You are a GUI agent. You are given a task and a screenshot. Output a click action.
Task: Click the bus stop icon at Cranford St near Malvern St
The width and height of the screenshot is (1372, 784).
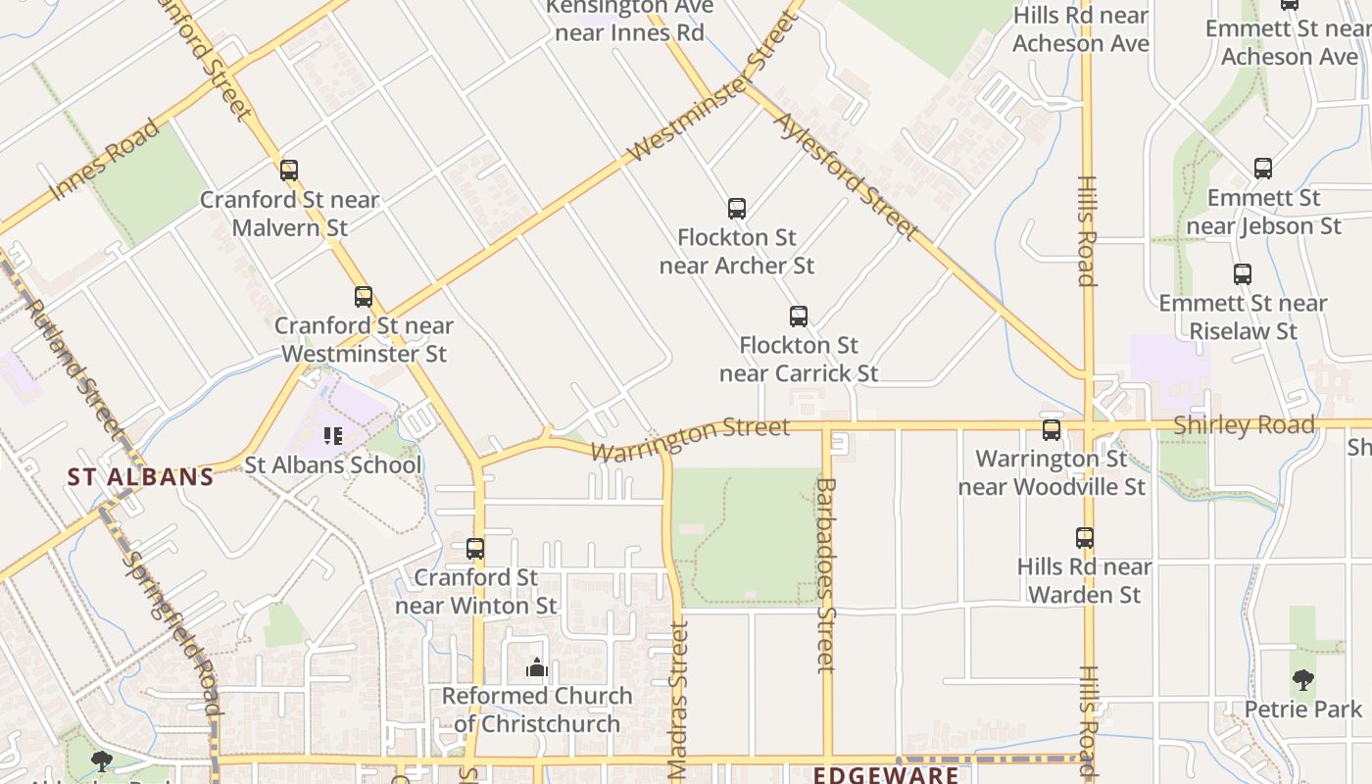[288, 171]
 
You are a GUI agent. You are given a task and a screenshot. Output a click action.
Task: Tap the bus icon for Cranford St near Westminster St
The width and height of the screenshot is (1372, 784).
[364, 297]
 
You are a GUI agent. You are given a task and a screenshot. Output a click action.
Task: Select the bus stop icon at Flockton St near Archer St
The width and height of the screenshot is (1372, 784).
[737, 209]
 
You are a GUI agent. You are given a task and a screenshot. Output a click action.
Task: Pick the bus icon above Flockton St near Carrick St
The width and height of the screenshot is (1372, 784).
[799, 317]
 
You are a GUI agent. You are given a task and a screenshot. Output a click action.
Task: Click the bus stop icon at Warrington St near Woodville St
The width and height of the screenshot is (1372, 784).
[1052, 430]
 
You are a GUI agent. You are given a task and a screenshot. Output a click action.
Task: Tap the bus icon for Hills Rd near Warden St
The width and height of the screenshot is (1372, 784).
[1085, 538]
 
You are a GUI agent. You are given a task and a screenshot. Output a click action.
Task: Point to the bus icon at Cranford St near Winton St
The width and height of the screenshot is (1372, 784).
[475, 549]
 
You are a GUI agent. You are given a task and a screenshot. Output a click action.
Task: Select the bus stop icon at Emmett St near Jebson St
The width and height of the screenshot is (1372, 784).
[1263, 169]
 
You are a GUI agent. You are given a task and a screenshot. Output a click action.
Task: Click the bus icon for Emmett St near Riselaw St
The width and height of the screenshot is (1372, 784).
[1243, 274]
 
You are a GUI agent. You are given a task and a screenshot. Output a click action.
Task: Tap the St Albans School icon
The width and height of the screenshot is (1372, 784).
[333, 435]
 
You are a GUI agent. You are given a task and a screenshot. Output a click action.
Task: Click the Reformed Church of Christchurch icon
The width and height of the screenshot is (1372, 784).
[536, 668]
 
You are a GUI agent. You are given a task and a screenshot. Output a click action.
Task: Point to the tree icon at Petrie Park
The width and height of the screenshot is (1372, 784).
[1302, 679]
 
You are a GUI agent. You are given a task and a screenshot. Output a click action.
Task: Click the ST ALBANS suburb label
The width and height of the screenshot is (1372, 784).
[140, 477]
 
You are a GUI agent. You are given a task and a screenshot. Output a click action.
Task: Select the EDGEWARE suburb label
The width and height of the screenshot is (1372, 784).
[887, 775]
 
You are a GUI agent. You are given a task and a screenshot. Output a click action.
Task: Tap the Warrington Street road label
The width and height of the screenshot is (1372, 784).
[691, 440]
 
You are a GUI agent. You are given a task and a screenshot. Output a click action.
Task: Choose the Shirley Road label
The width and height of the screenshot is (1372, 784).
[1244, 425]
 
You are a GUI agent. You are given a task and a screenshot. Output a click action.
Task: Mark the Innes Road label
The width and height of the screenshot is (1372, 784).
[105, 160]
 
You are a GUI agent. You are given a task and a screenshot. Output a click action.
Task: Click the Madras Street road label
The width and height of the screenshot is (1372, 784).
[678, 700]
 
